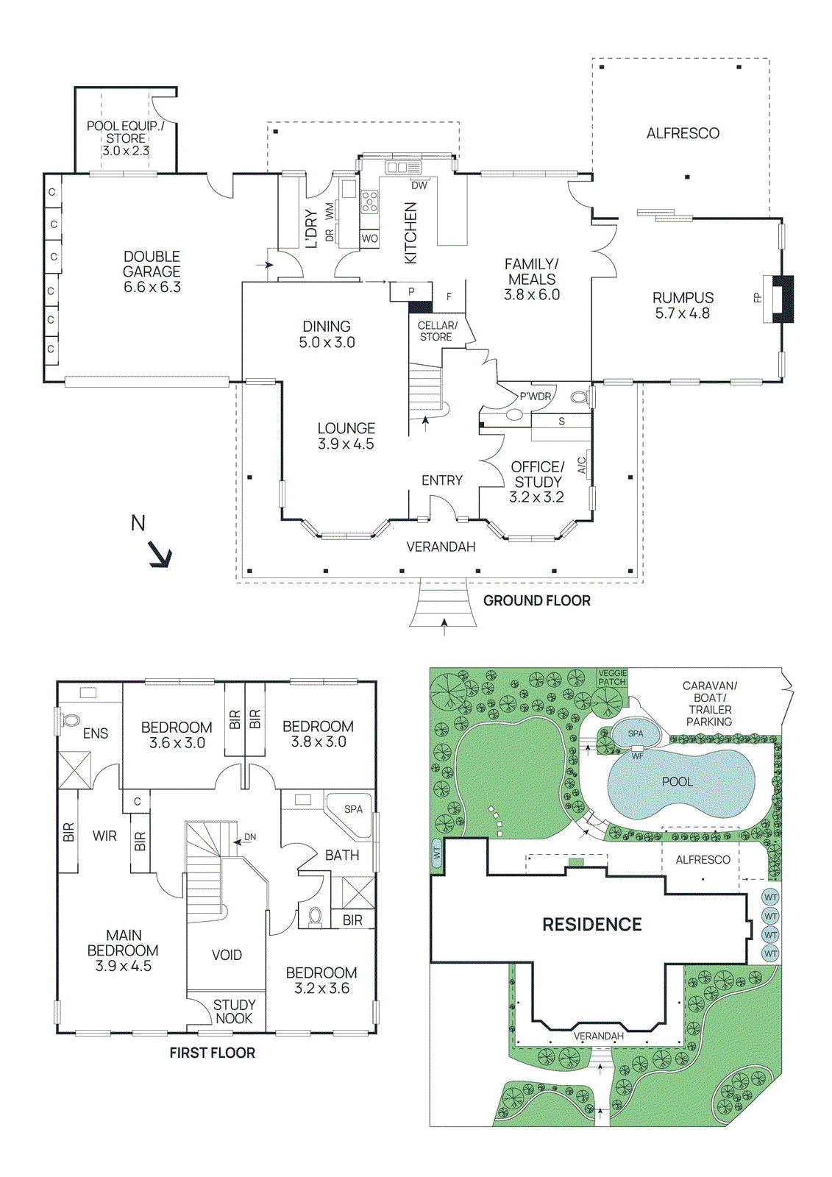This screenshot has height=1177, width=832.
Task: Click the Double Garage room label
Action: point(152,271)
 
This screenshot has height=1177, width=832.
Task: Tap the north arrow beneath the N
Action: point(160,555)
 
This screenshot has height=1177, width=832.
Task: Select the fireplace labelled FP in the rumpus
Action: point(781,298)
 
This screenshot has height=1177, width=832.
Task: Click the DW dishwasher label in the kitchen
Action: point(419,185)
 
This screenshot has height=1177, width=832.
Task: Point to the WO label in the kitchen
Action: point(369,238)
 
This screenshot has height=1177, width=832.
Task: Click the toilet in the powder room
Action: point(579,398)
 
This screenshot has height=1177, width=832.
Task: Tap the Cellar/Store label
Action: point(437,331)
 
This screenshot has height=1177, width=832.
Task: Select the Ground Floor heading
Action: point(536,600)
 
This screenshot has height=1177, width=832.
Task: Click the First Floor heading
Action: point(212,1053)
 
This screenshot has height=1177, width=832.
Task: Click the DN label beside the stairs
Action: point(250,837)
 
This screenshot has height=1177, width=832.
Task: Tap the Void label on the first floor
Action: point(227,955)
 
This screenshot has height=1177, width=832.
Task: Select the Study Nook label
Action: point(234,1011)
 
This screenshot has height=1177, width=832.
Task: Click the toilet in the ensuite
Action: point(71,720)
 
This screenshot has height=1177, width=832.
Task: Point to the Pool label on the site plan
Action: point(677,781)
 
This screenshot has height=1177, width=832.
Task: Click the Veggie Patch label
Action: point(612,678)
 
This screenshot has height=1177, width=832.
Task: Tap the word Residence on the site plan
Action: point(591,924)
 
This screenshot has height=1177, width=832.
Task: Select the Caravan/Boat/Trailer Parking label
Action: point(709,703)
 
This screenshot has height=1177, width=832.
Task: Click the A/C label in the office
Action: point(582,465)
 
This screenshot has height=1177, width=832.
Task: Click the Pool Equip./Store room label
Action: point(125,138)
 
